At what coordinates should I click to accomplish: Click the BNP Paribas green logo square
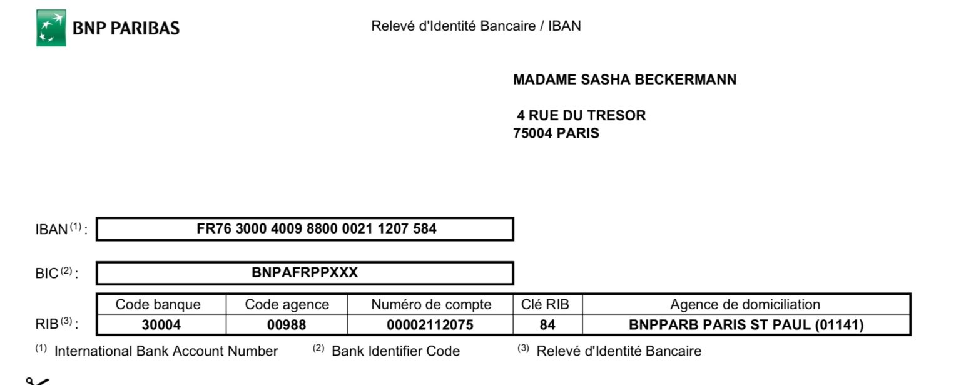tap(51, 28)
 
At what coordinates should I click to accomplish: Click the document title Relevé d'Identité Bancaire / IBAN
tap(475, 26)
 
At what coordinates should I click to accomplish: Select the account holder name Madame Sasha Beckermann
tap(624, 80)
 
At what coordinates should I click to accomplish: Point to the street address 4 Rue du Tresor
tap(581, 115)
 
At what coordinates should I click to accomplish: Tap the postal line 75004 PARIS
tap(556, 133)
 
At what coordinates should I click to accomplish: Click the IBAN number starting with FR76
tap(317, 228)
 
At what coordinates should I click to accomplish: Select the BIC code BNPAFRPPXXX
tap(305, 273)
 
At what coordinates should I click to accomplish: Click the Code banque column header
tap(158, 305)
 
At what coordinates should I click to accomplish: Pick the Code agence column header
tap(287, 305)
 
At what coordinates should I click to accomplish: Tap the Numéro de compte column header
tap(431, 305)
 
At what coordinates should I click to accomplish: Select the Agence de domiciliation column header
tap(745, 305)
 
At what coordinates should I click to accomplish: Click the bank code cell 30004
tap(161, 325)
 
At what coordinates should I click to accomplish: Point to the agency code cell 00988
tap(287, 325)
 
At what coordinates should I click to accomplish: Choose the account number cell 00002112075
tap(430, 325)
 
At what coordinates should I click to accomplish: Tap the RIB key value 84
tap(547, 325)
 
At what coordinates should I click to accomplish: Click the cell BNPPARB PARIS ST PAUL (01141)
tap(746, 325)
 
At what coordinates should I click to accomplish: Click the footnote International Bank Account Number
tap(166, 351)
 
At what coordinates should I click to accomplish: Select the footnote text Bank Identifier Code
tap(395, 351)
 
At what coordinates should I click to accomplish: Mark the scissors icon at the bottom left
tap(36, 380)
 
